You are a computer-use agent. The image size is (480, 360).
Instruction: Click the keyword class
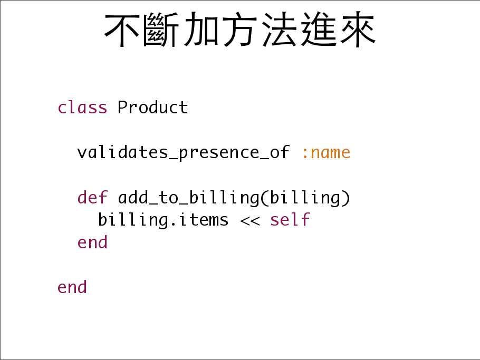pyautogui.click(x=82, y=108)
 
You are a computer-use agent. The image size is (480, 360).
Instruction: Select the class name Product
pyautogui.click(x=152, y=108)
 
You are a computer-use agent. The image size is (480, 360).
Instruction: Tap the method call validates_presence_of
pyautogui.click(x=183, y=152)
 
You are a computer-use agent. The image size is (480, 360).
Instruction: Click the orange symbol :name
pyautogui.click(x=326, y=153)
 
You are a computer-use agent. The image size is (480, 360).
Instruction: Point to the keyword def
pyautogui.click(x=92, y=197)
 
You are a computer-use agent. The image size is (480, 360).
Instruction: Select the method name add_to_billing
pyautogui.click(x=189, y=198)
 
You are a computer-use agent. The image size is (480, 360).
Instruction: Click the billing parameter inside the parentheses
pyautogui.click(x=305, y=198)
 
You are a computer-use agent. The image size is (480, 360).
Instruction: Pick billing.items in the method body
pyautogui.click(x=163, y=220)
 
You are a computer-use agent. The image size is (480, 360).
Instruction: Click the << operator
pyautogui.click(x=250, y=220)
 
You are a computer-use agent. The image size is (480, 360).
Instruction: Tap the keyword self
pyautogui.click(x=290, y=220)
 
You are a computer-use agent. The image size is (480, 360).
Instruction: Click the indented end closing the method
pyautogui.click(x=92, y=242)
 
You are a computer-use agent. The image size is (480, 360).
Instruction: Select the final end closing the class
pyautogui.click(x=72, y=287)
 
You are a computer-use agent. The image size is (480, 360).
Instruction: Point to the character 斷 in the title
pyautogui.click(x=161, y=30)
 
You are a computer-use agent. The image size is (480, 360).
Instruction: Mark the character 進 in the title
pyautogui.click(x=319, y=30)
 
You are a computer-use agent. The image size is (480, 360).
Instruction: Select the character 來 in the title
pyautogui.click(x=358, y=30)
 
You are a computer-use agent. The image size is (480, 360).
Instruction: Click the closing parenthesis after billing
pyautogui.click(x=346, y=198)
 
